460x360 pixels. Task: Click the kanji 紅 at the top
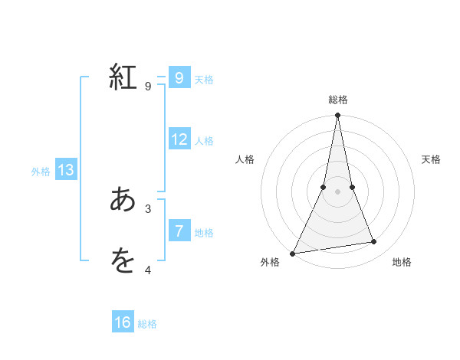123,78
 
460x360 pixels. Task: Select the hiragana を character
123,261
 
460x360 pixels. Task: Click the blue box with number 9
179,78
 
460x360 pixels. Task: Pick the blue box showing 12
179,139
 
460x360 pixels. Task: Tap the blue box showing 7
179,231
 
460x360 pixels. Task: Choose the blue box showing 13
66,170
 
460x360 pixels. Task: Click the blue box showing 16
123,322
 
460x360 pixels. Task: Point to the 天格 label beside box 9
204,80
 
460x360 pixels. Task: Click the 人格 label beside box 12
204,141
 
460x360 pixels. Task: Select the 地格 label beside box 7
204,232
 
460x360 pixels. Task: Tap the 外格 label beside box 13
41,172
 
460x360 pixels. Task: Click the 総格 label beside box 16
147,324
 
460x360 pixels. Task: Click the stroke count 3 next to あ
148,208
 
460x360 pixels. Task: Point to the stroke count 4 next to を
148,269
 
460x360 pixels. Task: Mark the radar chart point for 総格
337,116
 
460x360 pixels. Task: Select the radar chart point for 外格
293,253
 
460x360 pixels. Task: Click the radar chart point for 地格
374,242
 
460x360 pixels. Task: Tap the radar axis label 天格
432,159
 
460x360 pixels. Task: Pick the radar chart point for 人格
324,187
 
